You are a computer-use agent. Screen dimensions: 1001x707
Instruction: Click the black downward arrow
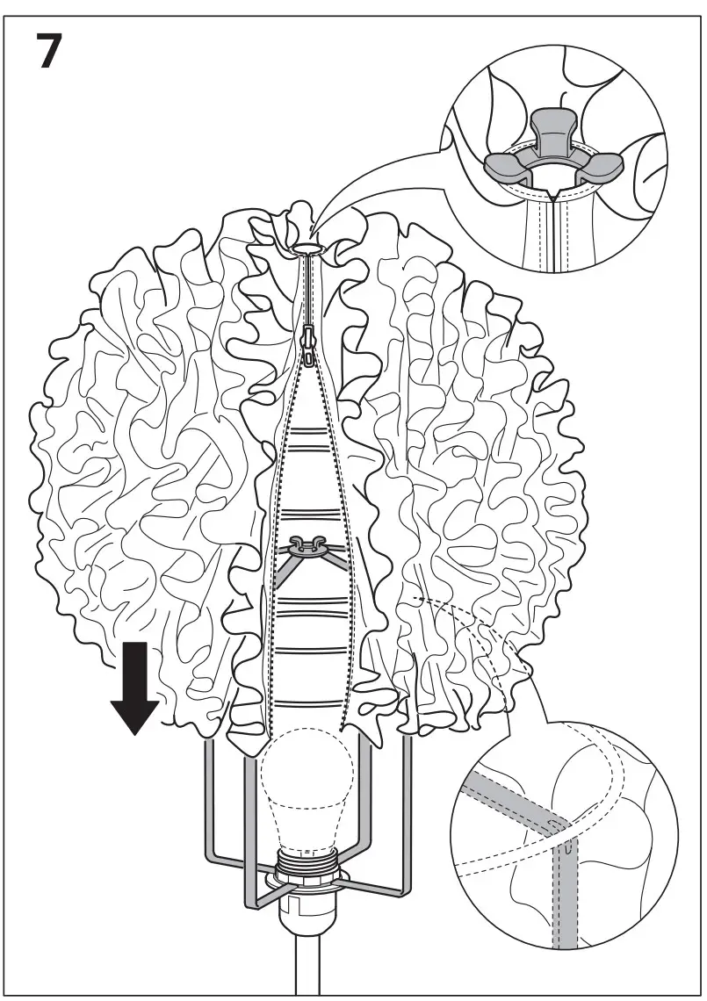coord(134,688)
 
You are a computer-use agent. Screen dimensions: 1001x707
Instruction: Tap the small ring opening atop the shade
coord(307,250)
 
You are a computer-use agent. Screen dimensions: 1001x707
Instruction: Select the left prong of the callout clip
coord(503,163)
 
